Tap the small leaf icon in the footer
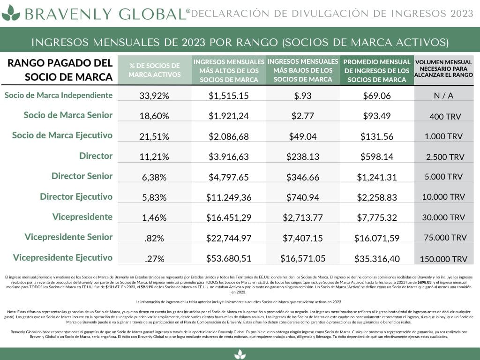pyautogui.click(x=240, y=354)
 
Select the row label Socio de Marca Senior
pyautogui.click(x=68, y=115)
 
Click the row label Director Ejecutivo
pyautogui.click(x=76, y=196)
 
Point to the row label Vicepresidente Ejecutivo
pyautogui.click(x=63, y=257)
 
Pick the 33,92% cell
pyautogui.click(x=154, y=96)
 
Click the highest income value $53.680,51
pyautogui.click(x=229, y=258)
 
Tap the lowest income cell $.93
pyautogui.click(x=303, y=96)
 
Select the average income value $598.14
pyautogui.click(x=377, y=157)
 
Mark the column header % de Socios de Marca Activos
pyautogui.click(x=154, y=70)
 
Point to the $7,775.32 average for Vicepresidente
pyautogui.click(x=377, y=217)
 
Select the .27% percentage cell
pyautogui.click(x=154, y=258)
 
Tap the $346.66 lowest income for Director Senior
pyautogui.click(x=303, y=177)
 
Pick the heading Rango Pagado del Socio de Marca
pyautogui.click(x=60, y=70)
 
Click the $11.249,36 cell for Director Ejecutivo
pyautogui.click(x=229, y=197)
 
